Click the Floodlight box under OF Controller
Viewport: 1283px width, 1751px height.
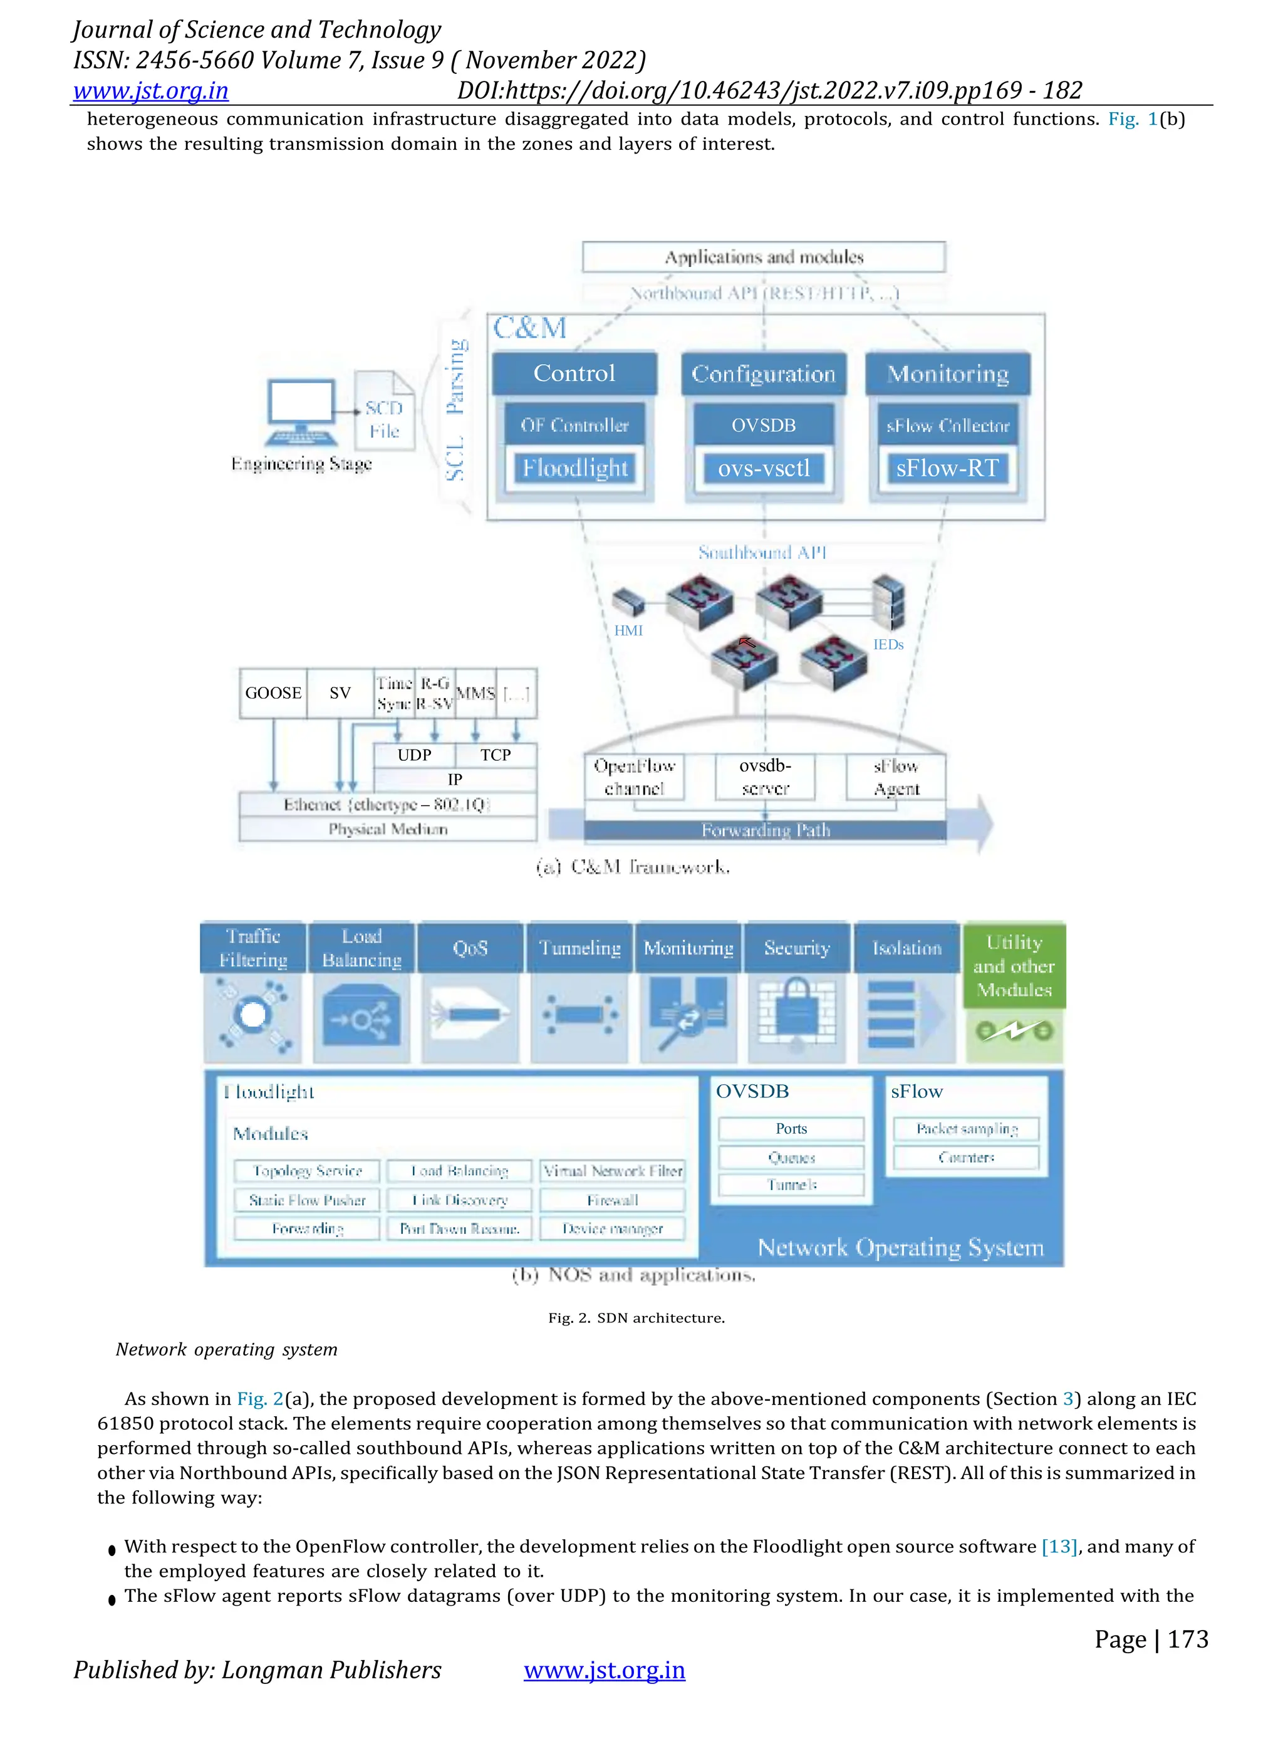pyautogui.click(x=574, y=468)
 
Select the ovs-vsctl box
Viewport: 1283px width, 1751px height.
pyautogui.click(x=764, y=468)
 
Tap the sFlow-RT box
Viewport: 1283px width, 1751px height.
pyautogui.click(x=947, y=468)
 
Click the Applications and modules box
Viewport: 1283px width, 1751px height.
pyautogui.click(x=764, y=257)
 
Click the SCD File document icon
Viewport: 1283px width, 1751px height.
pyautogui.click(x=385, y=411)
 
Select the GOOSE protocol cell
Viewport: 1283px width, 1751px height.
pyautogui.click(x=273, y=693)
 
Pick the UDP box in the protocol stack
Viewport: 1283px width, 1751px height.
pyautogui.click(x=414, y=755)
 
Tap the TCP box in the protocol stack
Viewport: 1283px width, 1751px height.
pyautogui.click(x=496, y=755)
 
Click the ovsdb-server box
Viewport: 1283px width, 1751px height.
pyautogui.click(x=765, y=777)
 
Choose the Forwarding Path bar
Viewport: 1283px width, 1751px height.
pyautogui.click(x=765, y=830)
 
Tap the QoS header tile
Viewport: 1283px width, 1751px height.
pyautogui.click(x=470, y=948)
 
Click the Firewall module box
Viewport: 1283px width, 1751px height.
pyautogui.click(x=612, y=1200)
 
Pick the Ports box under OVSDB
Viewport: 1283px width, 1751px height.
pyautogui.click(x=791, y=1129)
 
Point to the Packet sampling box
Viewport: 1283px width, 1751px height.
pyautogui.click(x=966, y=1129)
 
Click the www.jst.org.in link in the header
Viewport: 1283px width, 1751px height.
pyautogui.click(x=151, y=91)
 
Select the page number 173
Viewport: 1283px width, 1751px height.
pyautogui.click(x=1188, y=1639)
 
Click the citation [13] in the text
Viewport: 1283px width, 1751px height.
pyautogui.click(x=1059, y=1547)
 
